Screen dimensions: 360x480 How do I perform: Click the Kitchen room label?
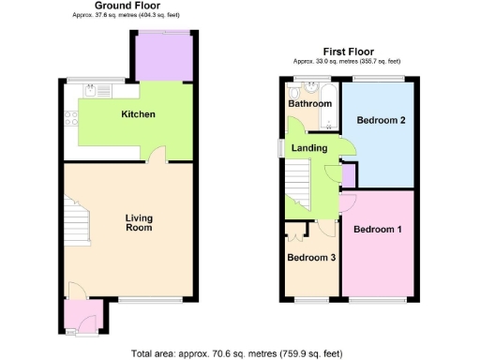[x=138, y=115]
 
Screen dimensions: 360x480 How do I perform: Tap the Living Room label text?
[x=139, y=223]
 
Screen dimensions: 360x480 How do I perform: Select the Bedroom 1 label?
[x=378, y=230]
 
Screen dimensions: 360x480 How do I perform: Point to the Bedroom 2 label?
[x=382, y=120]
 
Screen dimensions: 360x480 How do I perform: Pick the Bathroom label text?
[x=309, y=104]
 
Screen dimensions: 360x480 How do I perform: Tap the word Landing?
[x=309, y=148]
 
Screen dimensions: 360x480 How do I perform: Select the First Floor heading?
[x=348, y=52]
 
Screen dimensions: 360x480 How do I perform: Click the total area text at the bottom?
[x=236, y=352]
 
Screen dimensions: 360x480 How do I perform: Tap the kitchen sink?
[x=92, y=91]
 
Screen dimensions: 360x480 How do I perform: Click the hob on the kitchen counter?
[x=69, y=118]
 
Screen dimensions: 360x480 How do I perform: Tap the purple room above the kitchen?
[x=165, y=56]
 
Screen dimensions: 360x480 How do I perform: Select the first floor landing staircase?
[x=297, y=181]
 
